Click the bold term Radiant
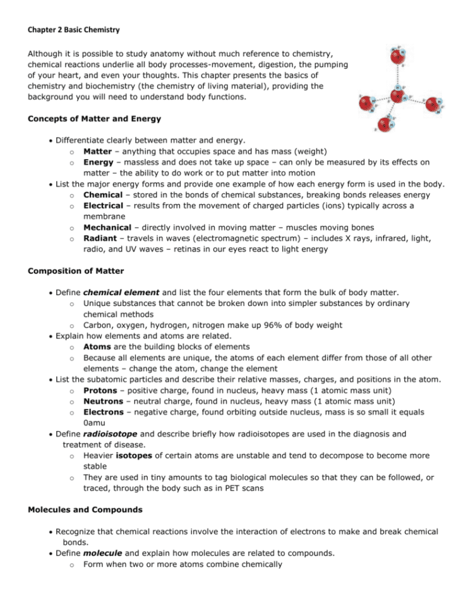click(101, 238)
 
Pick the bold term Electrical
click(104, 205)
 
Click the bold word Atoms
click(98, 346)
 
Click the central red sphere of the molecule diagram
click(397, 95)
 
